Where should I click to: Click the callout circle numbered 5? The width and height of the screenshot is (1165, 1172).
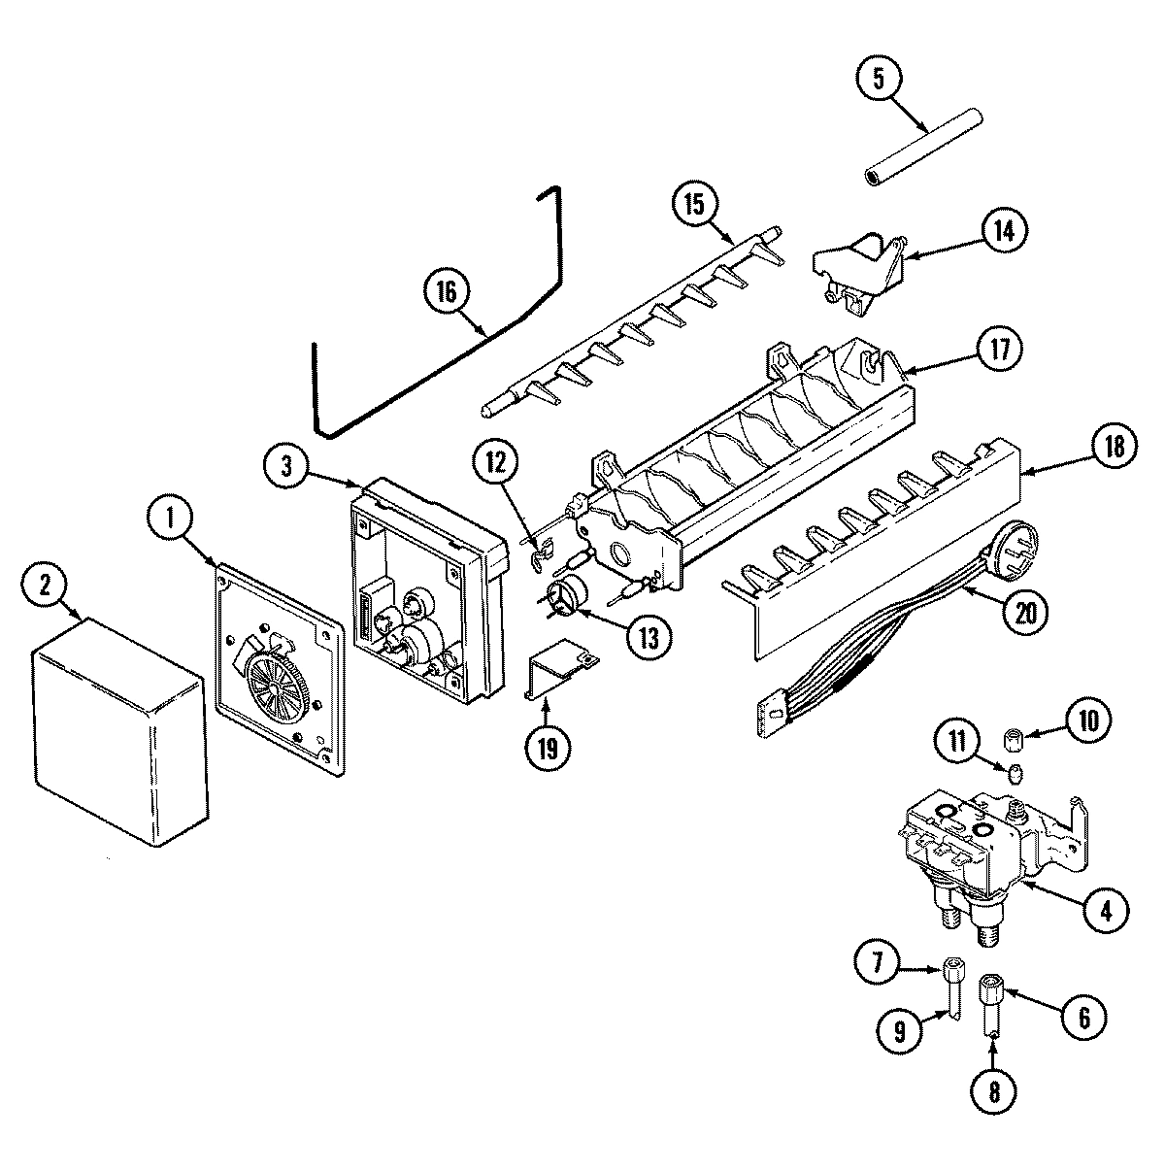coord(879,80)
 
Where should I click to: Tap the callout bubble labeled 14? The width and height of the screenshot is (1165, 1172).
coord(1003,231)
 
